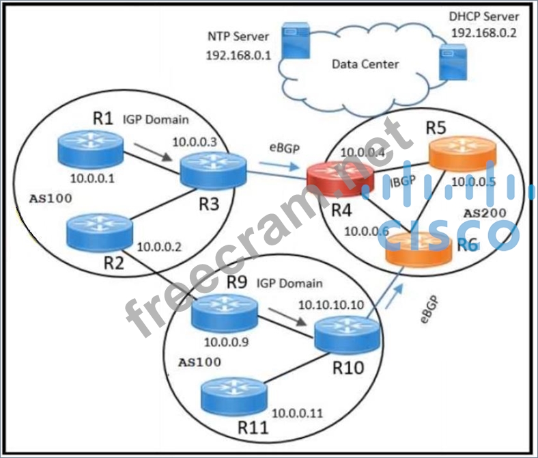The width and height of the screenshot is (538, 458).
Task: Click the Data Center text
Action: coord(365,64)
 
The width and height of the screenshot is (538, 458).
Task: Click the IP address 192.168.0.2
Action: coord(485,31)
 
